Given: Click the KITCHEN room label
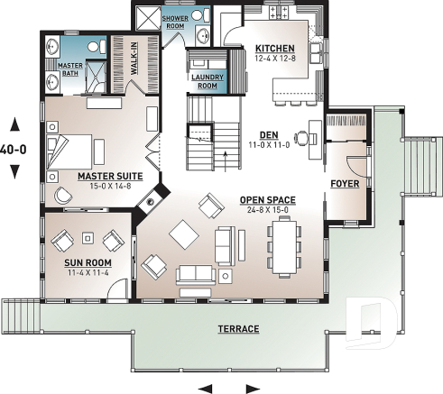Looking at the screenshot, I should (273, 48).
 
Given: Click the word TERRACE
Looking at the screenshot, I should (239, 329).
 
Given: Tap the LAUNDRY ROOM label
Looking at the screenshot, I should (207, 81).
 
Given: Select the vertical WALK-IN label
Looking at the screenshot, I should (132, 56).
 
